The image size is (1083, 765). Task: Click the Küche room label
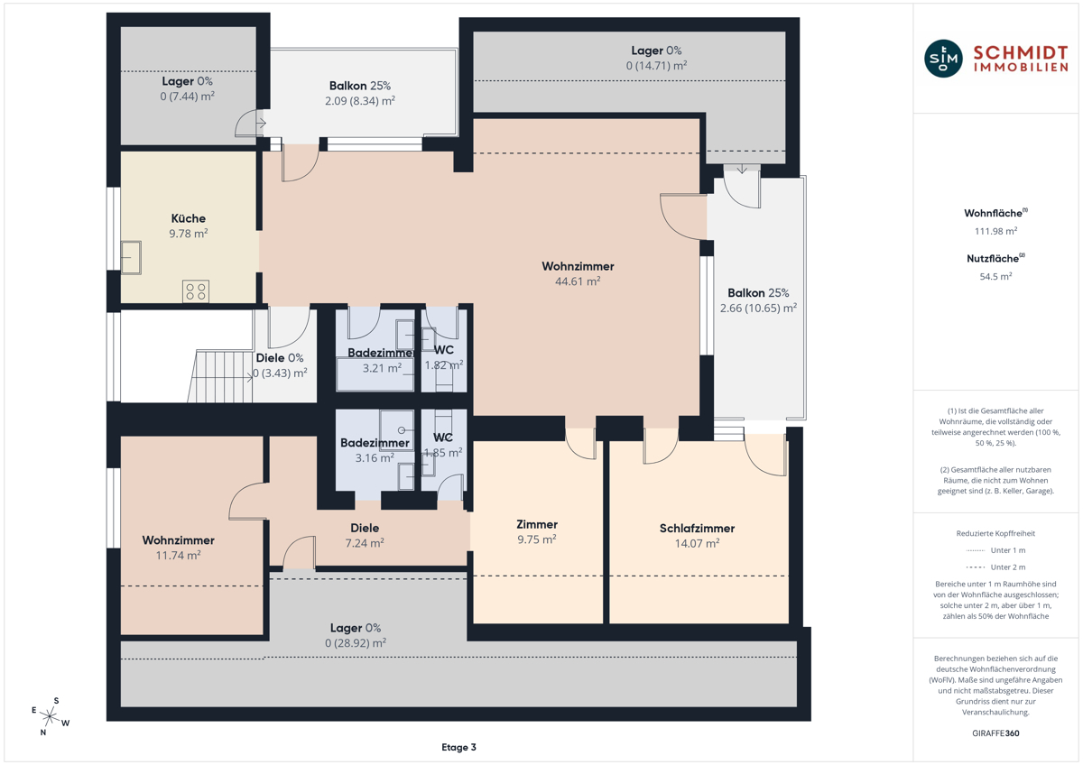coord(188,218)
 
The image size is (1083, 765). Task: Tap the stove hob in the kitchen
coord(196,291)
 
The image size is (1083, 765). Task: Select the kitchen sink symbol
coord(131,258)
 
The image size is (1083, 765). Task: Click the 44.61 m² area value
coord(578,281)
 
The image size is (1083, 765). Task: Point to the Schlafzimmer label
coord(697,529)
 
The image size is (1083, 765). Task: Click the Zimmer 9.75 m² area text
coord(537,539)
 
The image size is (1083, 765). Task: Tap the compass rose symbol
coord(50,715)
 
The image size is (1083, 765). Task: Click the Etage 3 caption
coord(458,747)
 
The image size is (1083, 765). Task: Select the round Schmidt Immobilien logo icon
coord(943,59)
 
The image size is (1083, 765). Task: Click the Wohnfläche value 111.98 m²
coord(995,231)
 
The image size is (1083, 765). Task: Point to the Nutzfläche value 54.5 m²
coord(995,276)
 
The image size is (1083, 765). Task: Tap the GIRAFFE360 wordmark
coord(995,733)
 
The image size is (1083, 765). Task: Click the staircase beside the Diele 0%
coord(220,376)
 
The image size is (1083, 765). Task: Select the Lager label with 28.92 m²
coord(356,628)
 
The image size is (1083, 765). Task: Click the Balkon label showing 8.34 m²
coord(360,86)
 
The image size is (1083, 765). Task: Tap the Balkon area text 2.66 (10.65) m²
coord(758,308)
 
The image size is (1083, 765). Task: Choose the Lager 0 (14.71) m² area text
coord(656,65)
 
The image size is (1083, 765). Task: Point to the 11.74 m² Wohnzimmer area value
coord(178,556)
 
